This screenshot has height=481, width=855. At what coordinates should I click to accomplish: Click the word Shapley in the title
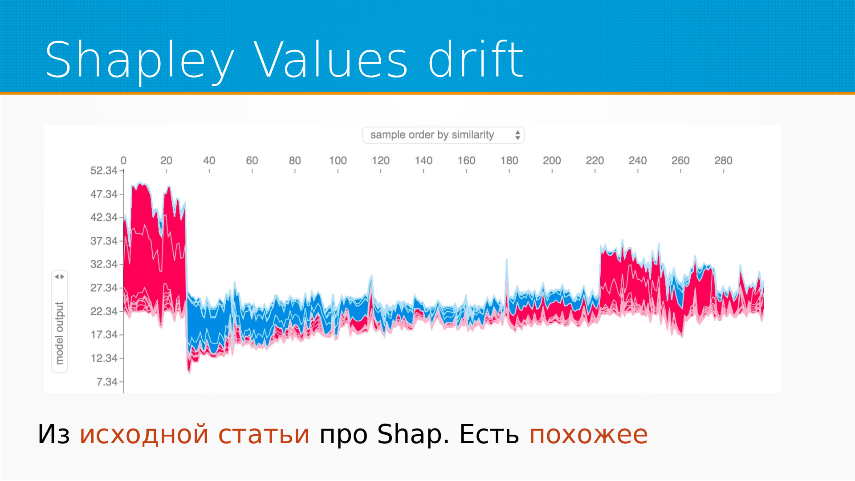click(x=140, y=60)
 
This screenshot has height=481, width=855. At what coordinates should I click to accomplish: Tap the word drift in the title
click(x=476, y=59)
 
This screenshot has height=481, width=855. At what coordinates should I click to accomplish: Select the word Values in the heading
click(x=330, y=59)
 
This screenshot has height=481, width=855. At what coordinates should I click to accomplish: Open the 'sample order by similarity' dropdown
click(x=444, y=135)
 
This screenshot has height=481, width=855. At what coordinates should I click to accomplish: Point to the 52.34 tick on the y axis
click(x=104, y=171)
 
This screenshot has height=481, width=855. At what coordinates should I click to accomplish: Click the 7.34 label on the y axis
click(x=107, y=382)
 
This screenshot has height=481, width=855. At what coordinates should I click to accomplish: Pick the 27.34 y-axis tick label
click(x=104, y=288)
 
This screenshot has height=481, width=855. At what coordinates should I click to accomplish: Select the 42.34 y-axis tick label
click(x=104, y=217)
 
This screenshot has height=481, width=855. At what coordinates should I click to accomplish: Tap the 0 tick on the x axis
click(x=123, y=160)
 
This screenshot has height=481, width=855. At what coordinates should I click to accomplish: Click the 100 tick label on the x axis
click(x=338, y=160)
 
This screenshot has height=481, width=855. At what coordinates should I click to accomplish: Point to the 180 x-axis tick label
click(x=509, y=160)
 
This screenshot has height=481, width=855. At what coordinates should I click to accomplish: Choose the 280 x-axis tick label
click(x=723, y=160)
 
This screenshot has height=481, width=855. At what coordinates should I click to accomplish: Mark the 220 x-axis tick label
click(x=594, y=160)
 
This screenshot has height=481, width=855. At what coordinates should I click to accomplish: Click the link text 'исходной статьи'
click(x=195, y=435)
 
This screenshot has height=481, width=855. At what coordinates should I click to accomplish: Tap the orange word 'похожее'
click(x=588, y=435)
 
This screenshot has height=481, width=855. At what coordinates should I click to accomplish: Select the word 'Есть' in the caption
click(x=489, y=434)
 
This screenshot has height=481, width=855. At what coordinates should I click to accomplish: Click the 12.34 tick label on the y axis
click(x=104, y=358)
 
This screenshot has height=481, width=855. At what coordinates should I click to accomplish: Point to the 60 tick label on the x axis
click(x=252, y=160)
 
